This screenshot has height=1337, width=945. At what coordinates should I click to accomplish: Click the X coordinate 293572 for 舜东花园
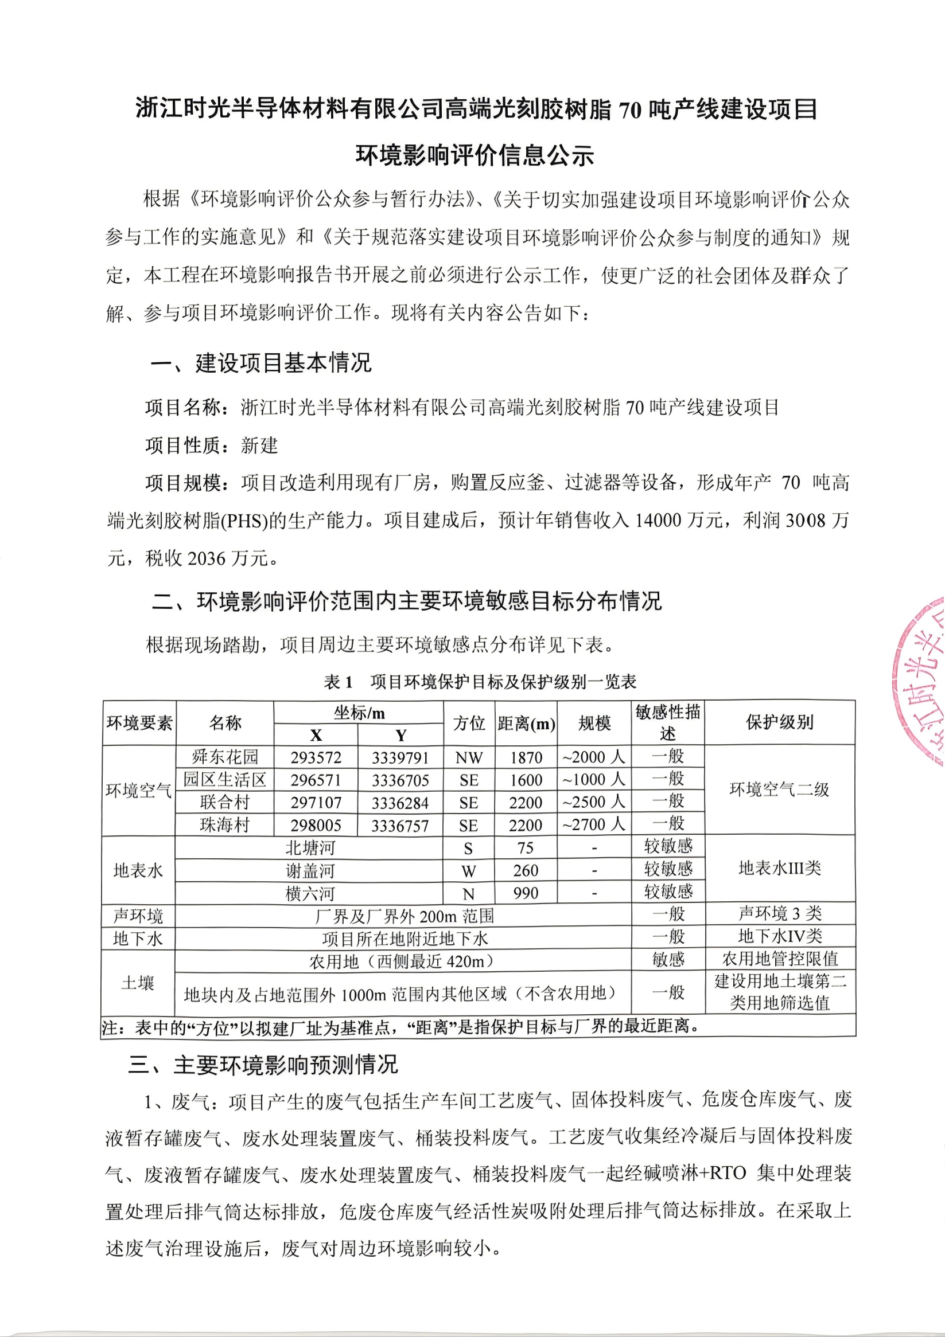(316, 757)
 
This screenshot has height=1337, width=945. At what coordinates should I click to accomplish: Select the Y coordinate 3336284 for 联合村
(400, 803)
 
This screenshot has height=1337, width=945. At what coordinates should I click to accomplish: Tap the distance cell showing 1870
(526, 757)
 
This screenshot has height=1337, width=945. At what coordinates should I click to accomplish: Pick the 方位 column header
(469, 723)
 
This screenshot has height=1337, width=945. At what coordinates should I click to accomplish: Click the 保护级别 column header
(780, 722)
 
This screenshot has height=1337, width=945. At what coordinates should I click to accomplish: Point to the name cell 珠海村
(224, 825)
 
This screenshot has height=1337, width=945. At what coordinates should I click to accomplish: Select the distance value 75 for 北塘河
(526, 848)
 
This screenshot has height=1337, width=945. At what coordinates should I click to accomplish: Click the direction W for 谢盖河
(469, 871)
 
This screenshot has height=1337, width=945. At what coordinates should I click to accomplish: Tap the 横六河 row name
(309, 893)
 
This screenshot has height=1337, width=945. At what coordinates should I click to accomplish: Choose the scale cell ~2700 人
(594, 825)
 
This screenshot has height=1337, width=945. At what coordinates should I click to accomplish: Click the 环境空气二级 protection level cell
(780, 790)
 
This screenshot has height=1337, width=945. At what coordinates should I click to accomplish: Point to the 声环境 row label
(138, 916)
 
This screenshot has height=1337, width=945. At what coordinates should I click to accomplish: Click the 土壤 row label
(138, 983)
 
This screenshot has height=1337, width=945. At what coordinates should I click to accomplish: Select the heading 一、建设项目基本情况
(261, 363)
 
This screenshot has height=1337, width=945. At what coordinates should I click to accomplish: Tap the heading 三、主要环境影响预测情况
(263, 1065)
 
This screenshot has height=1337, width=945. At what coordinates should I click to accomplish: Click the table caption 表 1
(339, 682)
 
